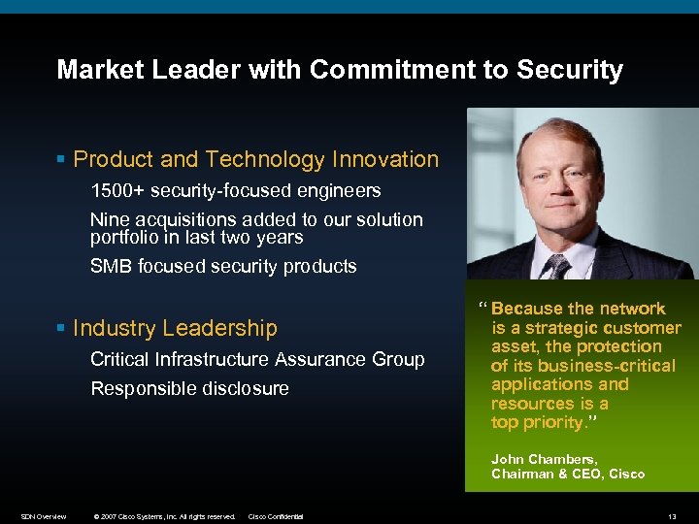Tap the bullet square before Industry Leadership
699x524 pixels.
click(61, 329)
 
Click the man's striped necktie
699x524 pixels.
click(557, 267)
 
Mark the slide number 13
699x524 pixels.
click(673, 516)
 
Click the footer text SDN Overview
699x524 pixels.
click(44, 516)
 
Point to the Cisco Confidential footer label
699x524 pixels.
click(276, 516)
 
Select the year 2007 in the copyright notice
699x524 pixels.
click(109, 516)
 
